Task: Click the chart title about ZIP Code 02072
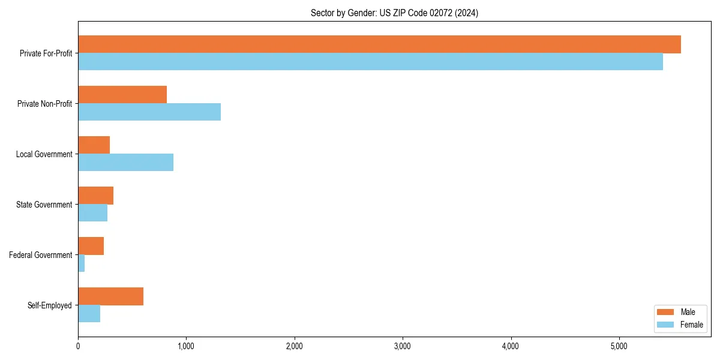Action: click(394, 13)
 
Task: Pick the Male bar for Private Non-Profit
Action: click(122, 95)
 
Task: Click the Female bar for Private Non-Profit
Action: click(149, 112)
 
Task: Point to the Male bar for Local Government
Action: click(94, 145)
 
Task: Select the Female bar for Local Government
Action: click(125, 163)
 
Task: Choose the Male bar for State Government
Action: click(96, 196)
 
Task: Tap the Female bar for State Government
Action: click(93, 213)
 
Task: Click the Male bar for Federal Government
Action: click(91, 246)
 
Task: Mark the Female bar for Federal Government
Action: click(82, 263)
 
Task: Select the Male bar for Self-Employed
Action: click(111, 296)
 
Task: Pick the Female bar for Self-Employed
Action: click(89, 314)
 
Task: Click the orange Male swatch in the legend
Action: click(666, 312)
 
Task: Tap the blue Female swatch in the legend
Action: click(666, 325)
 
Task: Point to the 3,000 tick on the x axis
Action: click(403, 346)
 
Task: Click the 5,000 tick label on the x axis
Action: click(619, 346)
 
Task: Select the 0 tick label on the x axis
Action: click(78, 346)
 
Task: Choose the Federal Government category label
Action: click(41, 255)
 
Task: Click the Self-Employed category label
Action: click(50, 305)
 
